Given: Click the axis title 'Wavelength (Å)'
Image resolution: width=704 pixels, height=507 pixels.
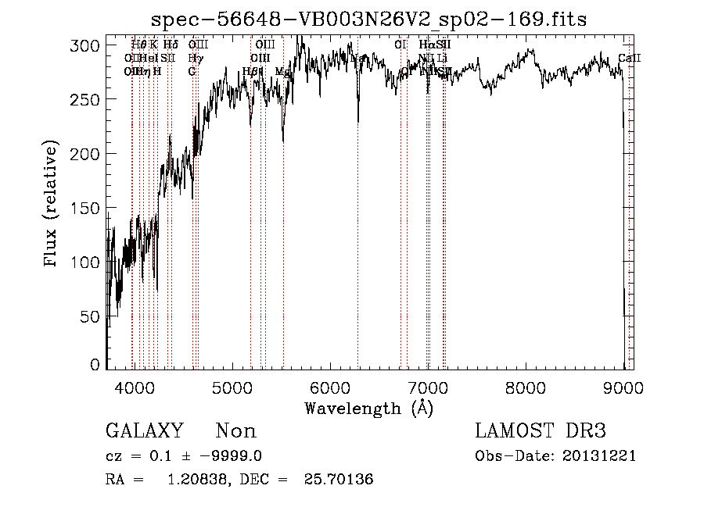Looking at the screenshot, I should point(368,408).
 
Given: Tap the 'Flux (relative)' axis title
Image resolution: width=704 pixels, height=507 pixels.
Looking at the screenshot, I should point(52,205).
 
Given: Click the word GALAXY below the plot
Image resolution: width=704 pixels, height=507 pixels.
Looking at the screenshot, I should point(144,431).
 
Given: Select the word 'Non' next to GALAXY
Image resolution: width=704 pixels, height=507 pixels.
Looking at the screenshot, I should point(235,431).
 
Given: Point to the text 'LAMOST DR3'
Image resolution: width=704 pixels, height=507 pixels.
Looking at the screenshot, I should point(541,431).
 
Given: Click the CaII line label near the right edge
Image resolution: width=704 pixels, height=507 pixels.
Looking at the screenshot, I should point(628,58).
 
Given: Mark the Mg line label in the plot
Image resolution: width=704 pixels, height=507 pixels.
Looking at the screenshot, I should point(283,71).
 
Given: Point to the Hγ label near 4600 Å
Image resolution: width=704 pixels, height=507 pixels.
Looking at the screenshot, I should point(195,58).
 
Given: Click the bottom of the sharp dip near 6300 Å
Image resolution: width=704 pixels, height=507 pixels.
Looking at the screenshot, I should point(358,121).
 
